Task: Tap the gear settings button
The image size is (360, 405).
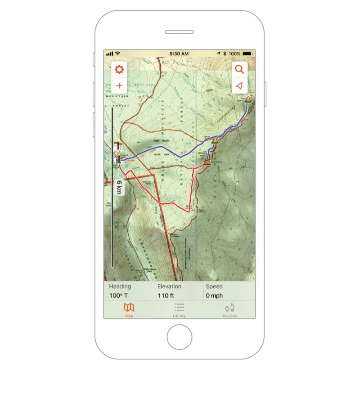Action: tap(119, 70)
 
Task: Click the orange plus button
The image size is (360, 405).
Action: tap(119, 85)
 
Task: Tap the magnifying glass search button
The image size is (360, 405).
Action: tap(240, 70)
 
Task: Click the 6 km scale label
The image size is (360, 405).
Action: tap(119, 187)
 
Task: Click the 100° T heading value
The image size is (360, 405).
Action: tap(119, 296)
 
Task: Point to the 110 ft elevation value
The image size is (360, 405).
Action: tap(169, 296)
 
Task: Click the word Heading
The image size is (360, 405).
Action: tap(120, 286)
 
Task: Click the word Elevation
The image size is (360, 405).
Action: tap(169, 286)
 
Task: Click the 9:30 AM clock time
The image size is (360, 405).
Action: tap(179, 54)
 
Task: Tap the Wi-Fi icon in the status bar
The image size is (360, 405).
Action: tap(117, 54)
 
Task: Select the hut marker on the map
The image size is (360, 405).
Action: tap(207, 162)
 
